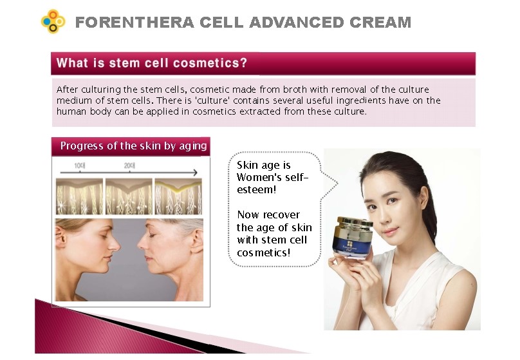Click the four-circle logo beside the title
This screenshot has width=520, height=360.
click(53, 21)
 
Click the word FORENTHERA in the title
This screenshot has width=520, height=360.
click(135, 23)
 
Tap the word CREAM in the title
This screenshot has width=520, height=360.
click(380, 23)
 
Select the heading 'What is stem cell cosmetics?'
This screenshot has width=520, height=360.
click(151, 63)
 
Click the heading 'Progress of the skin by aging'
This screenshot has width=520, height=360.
click(134, 146)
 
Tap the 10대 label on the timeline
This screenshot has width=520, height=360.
click(80, 166)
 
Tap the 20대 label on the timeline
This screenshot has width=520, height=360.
click(129, 166)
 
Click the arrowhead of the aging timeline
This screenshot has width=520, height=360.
click(196, 172)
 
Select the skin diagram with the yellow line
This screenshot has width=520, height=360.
click(178, 196)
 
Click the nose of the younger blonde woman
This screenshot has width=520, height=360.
click(115, 245)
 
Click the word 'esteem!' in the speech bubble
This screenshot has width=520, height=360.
click(256, 190)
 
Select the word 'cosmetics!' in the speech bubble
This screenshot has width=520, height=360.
click(264, 253)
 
